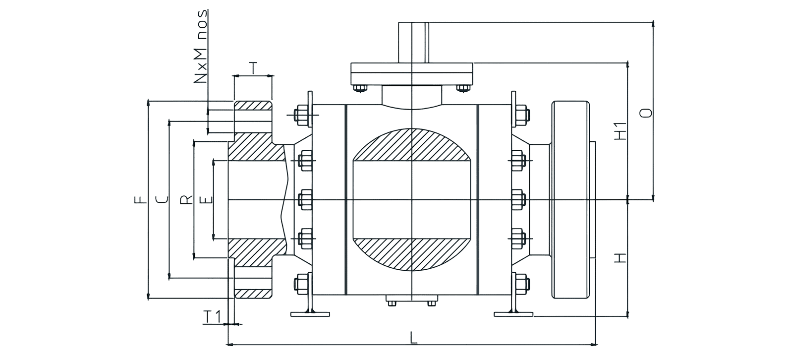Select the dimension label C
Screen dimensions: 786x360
pos(162,200)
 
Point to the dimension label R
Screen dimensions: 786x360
pos(186,200)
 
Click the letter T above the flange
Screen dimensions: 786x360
pos(253,68)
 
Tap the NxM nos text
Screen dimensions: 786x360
pos(200,46)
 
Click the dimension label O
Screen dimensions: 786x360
pos(646,113)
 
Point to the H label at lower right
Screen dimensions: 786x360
pos(620,258)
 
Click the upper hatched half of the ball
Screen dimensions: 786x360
pos(412,145)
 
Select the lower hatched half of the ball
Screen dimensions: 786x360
pos(412,255)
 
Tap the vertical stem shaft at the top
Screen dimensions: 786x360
pos(413,43)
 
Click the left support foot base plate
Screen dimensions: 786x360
pos(310,314)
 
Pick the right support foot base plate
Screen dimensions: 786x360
pos(513,314)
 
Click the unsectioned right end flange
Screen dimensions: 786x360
pos(570,200)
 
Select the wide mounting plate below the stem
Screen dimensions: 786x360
pos(412,74)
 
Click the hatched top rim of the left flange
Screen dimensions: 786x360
pos(253,105)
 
